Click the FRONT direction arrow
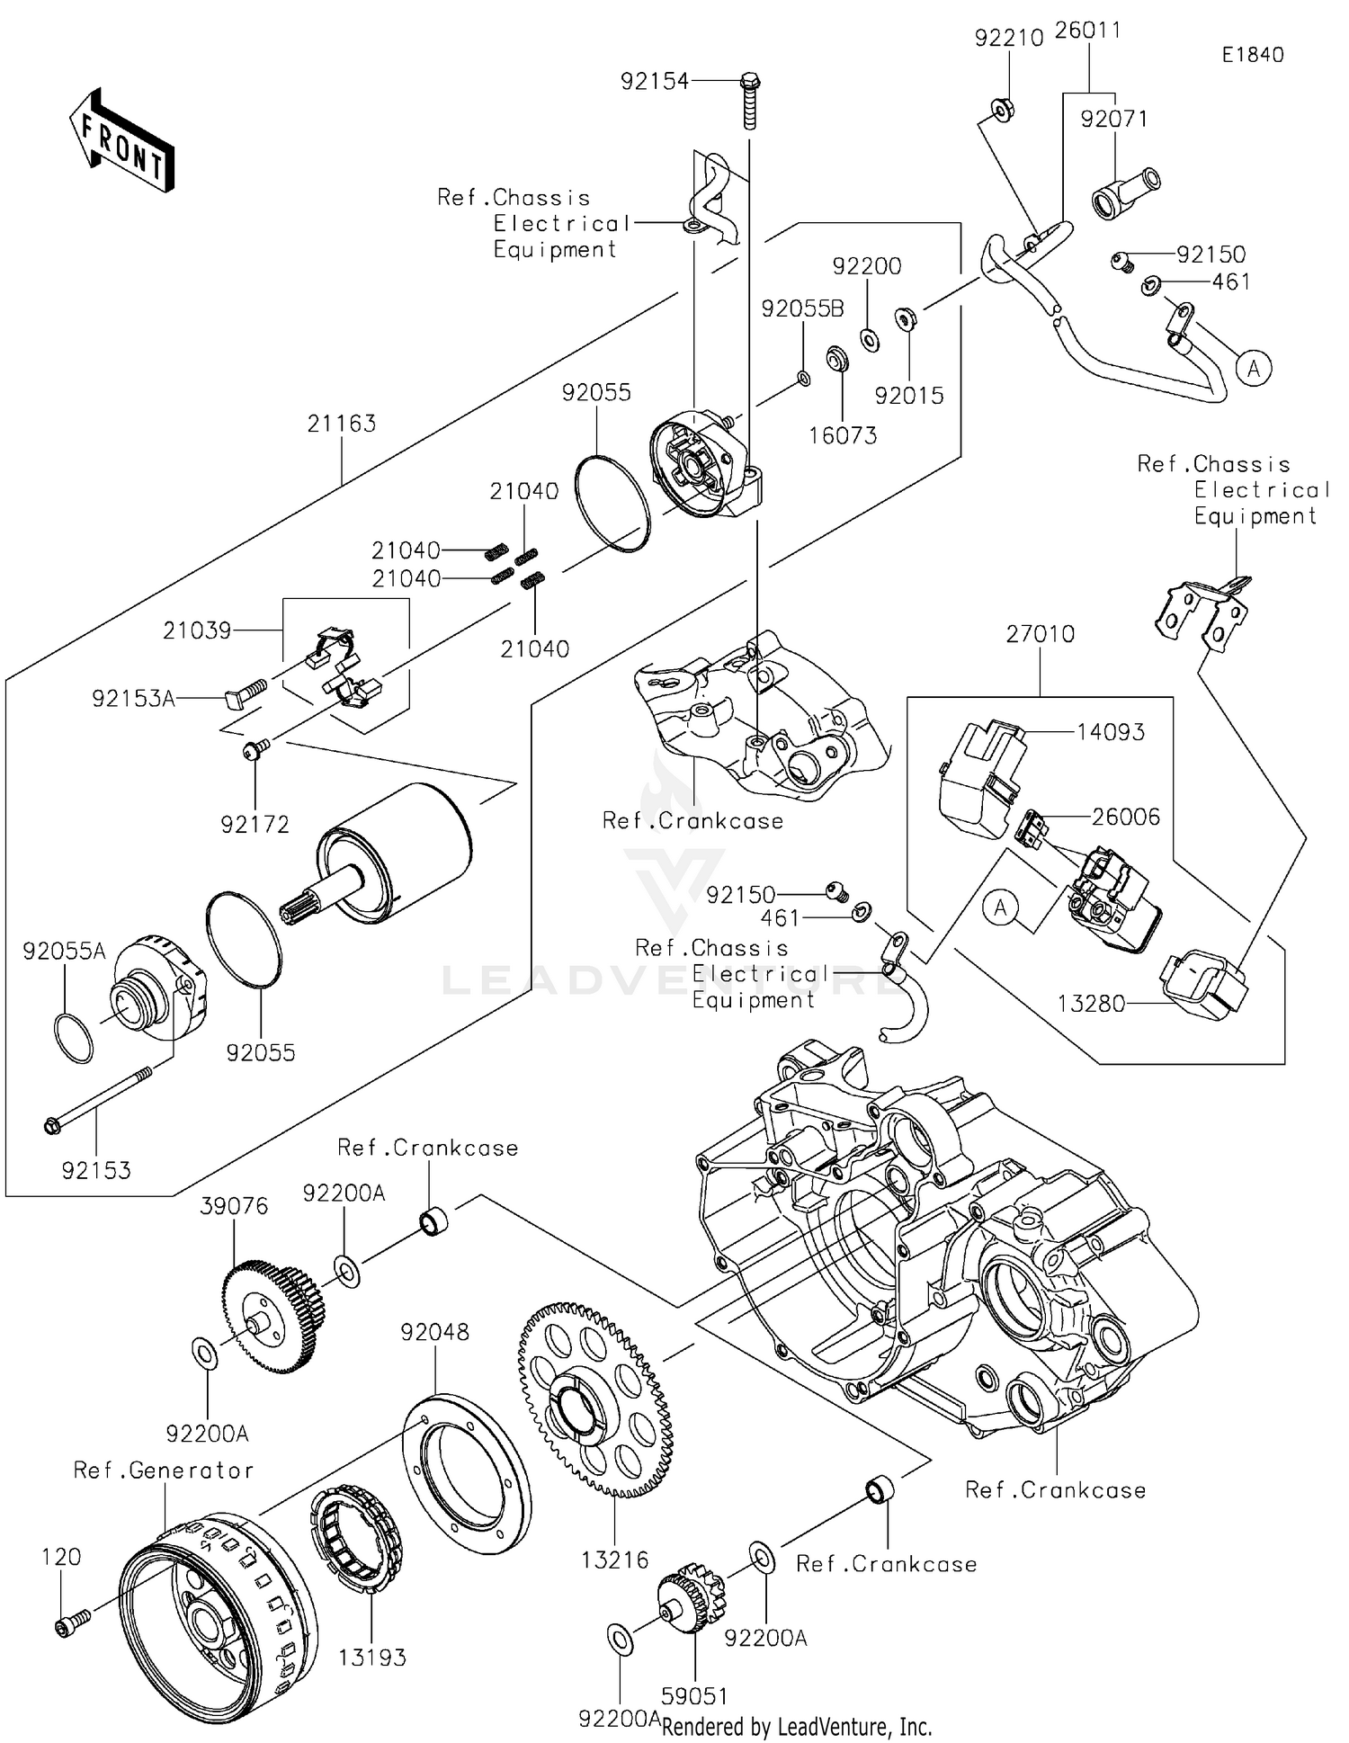121,140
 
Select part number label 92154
654,82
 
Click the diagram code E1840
1253,55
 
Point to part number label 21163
341,424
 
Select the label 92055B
802,308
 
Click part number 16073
843,435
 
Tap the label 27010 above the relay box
1041,634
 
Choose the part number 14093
1111,732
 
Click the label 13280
1091,1004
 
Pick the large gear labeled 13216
595,1399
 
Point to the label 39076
234,1206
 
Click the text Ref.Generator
164,1470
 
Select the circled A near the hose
1254,368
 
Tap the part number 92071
1114,119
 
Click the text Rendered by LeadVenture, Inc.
797,1726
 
